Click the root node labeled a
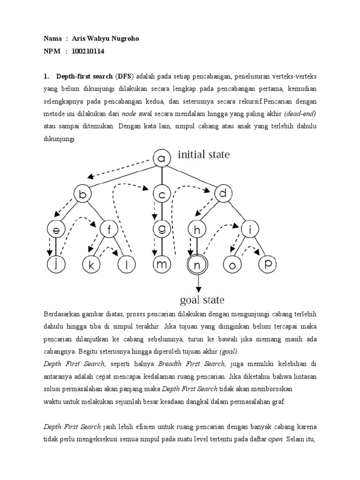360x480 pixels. (162, 159)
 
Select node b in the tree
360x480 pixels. (82, 194)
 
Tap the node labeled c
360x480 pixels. (162, 194)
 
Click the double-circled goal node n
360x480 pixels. (197, 265)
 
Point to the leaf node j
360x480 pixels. (56, 264)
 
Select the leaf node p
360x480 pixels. (268, 264)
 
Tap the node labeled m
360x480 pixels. (162, 264)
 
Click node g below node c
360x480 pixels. (162, 229)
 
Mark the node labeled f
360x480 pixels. (109, 229)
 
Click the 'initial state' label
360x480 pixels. (203, 155)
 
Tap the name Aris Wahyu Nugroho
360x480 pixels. (105, 39)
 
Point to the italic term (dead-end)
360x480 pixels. (300, 113)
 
